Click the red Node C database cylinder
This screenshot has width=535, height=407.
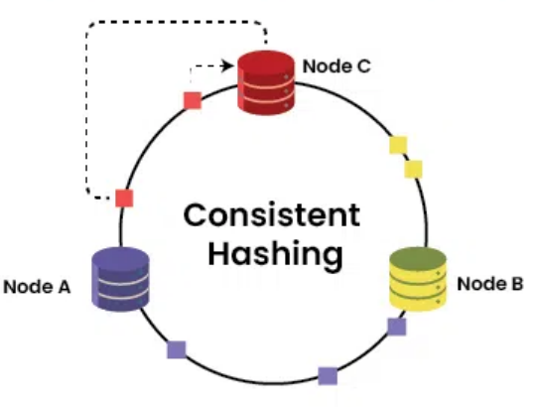click(266, 83)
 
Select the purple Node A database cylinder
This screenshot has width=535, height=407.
click(120, 279)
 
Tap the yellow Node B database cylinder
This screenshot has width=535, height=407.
click(418, 279)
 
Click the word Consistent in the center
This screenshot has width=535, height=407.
click(272, 215)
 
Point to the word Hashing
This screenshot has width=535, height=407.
click(275, 254)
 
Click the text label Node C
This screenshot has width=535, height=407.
click(336, 67)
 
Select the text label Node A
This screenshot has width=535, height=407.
click(37, 287)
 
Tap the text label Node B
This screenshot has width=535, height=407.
click(490, 284)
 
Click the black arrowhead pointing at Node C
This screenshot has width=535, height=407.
click(227, 66)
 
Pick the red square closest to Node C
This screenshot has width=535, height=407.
click(193, 100)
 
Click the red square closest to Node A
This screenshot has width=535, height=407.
click(124, 199)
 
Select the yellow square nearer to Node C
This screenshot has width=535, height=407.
click(398, 145)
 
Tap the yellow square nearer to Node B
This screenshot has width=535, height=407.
click(413, 169)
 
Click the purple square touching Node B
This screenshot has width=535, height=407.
click(397, 327)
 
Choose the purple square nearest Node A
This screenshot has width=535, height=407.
click(177, 349)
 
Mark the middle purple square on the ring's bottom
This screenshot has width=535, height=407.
click(328, 376)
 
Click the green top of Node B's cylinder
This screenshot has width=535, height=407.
click(418, 257)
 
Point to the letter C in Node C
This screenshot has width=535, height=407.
click(363, 67)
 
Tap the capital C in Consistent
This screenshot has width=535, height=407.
click(196, 215)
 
